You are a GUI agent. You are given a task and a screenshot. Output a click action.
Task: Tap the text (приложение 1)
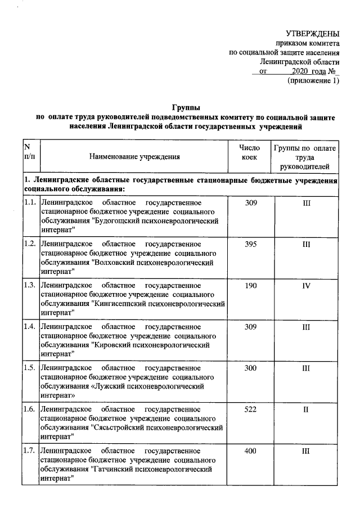point(313,81)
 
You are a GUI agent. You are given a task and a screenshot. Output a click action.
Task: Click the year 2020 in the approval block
point(301,71)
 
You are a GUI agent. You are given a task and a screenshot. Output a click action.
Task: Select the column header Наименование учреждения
point(134,157)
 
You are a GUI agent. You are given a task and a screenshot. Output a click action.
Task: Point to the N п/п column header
point(28,152)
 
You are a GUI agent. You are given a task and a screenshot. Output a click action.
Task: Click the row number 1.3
point(30,286)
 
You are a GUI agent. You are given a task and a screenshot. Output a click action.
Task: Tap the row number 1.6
point(30,409)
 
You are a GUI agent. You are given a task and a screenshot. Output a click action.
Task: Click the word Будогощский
point(123,222)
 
